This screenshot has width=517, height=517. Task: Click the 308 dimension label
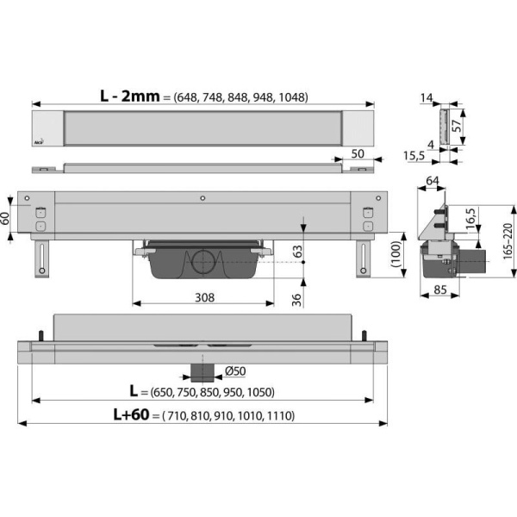pos(205,297)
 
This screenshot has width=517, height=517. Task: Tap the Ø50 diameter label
pos(235,371)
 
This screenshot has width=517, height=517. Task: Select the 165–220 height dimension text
pos(508,241)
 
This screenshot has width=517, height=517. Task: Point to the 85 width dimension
pos(440,290)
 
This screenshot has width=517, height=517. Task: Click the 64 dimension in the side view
pos(433,181)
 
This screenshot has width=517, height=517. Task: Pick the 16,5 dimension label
pos(471,219)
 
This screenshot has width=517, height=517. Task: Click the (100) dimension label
pos(396,254)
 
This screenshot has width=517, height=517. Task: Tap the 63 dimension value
pos(297,252)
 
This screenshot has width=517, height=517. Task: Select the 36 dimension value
pos(296,300)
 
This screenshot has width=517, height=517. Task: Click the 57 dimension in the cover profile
pos(457,126)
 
